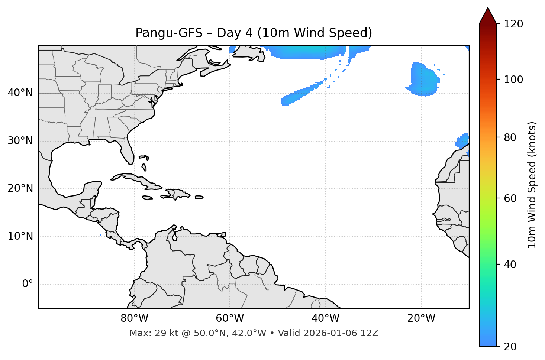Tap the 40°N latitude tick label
click(20, 93)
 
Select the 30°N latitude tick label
click(20, 141)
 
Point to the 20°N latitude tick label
click(20, 188)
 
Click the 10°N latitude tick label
click(20, 236)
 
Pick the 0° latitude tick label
click(28, 284)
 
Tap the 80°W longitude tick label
click(134, 318)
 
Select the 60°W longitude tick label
click(230, 318)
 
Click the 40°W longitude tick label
click(325, 318)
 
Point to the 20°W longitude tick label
click(421, 318)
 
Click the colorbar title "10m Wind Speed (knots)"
click(532, 185)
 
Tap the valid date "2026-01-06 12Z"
click(341, 333)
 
